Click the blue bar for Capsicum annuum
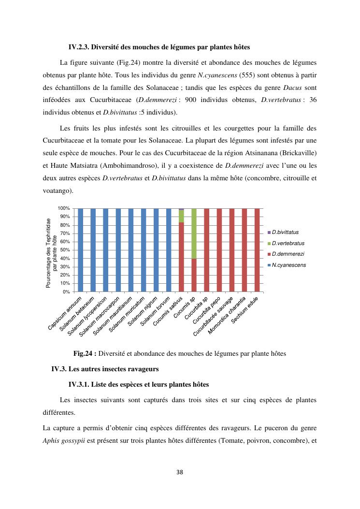pos(81,250)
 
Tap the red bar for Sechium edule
pos(257,250)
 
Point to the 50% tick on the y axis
pos(64,250)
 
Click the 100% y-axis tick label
pos(63,208)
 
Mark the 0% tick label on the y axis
pos(66,292)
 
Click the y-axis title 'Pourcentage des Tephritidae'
pos(48,253)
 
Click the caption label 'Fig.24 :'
pos(85,353)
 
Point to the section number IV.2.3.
pos(79,47)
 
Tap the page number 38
pos(180,472)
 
